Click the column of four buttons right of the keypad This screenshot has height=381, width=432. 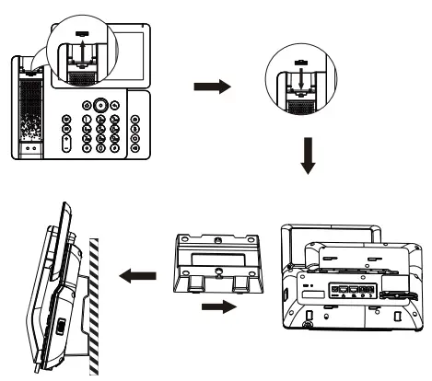(134, 133)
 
